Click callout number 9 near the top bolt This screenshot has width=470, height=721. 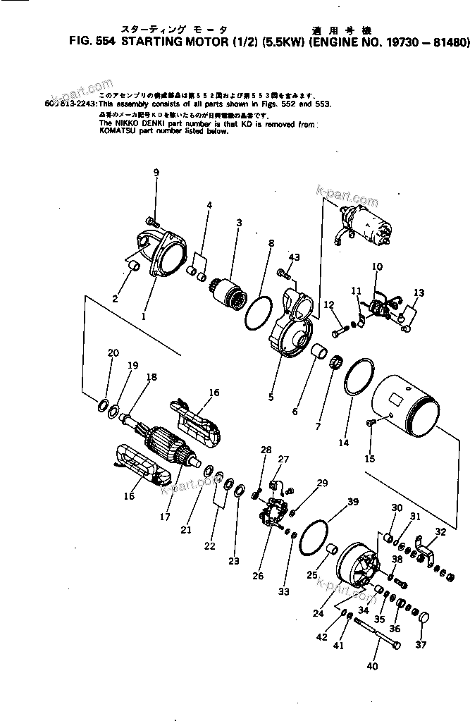pyautogui.click(x=156, y=173)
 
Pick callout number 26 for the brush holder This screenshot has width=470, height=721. pyautogui.click(x=258, y=575)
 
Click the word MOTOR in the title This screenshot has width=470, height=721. pyautogui.click(x=210, y=42)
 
